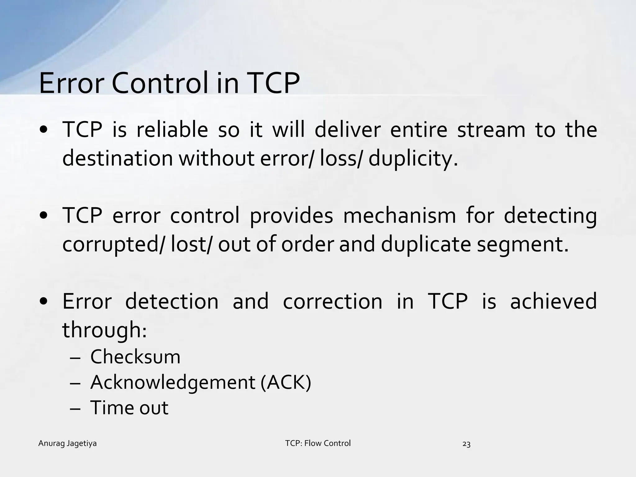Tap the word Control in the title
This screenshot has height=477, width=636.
(159, 83)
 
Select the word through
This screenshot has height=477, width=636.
(104, 330)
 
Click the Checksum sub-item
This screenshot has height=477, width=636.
(135, 357)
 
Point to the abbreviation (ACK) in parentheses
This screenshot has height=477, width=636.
(286, 382)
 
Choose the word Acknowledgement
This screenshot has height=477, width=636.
(173, 382)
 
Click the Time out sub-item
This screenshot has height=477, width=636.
(129, 408)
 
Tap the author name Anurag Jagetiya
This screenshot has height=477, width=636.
(67, 443)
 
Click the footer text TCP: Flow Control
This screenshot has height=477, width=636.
(318, 443)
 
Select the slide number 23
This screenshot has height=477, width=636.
(466, 444)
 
